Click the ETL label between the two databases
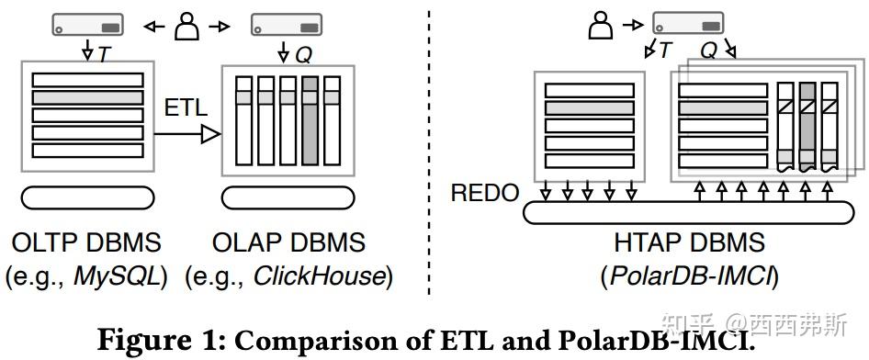[x=186, y=107]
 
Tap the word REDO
[x=484, y=194]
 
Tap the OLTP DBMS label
[x=86, y=243]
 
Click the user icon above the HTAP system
[x=600, y=24]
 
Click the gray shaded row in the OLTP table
[x=87, y=96]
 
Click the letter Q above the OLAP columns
[x=303, y=55]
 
